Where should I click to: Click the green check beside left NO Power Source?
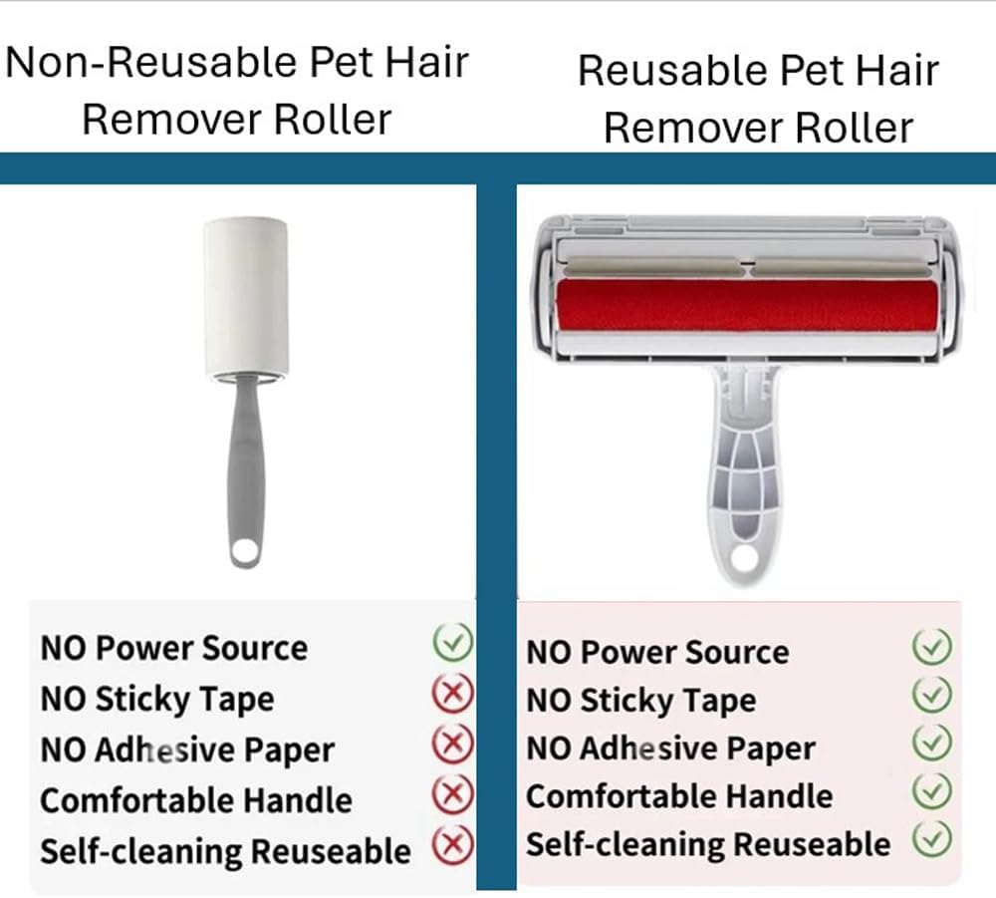pyautogui.click(x=453, y=642)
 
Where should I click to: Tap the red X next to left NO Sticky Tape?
pyautogui.click(x=453, y=693)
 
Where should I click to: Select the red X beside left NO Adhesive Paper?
pyautogui.click(x=453, y=744)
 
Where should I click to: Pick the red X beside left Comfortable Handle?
pyautogui.click(x=453, y=793)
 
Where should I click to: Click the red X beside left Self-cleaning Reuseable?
pyautogui.click(x=453, y=844)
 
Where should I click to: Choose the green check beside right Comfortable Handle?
pyautogui.click(x=932, y=791)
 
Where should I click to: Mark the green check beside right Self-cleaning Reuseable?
pyautogui.click(x=932, y=839)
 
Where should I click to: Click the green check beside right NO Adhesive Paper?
pyautogui.click(x=932, y=743)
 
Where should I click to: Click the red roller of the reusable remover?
pyautogui.click(x=747, y=306)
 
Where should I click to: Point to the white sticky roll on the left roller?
pyautogui.click(x=246, y=297)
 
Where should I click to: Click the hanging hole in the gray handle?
pyautogui.click(x=245, y=549)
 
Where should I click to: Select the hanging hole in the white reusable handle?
pyautogui.click(x=744, y=558)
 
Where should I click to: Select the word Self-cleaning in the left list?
pyautogui.click(x=141, y=851)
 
